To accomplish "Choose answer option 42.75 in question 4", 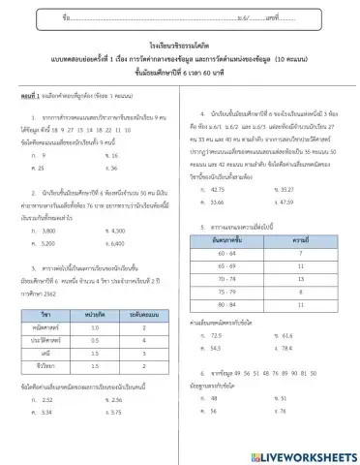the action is point(230,162).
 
